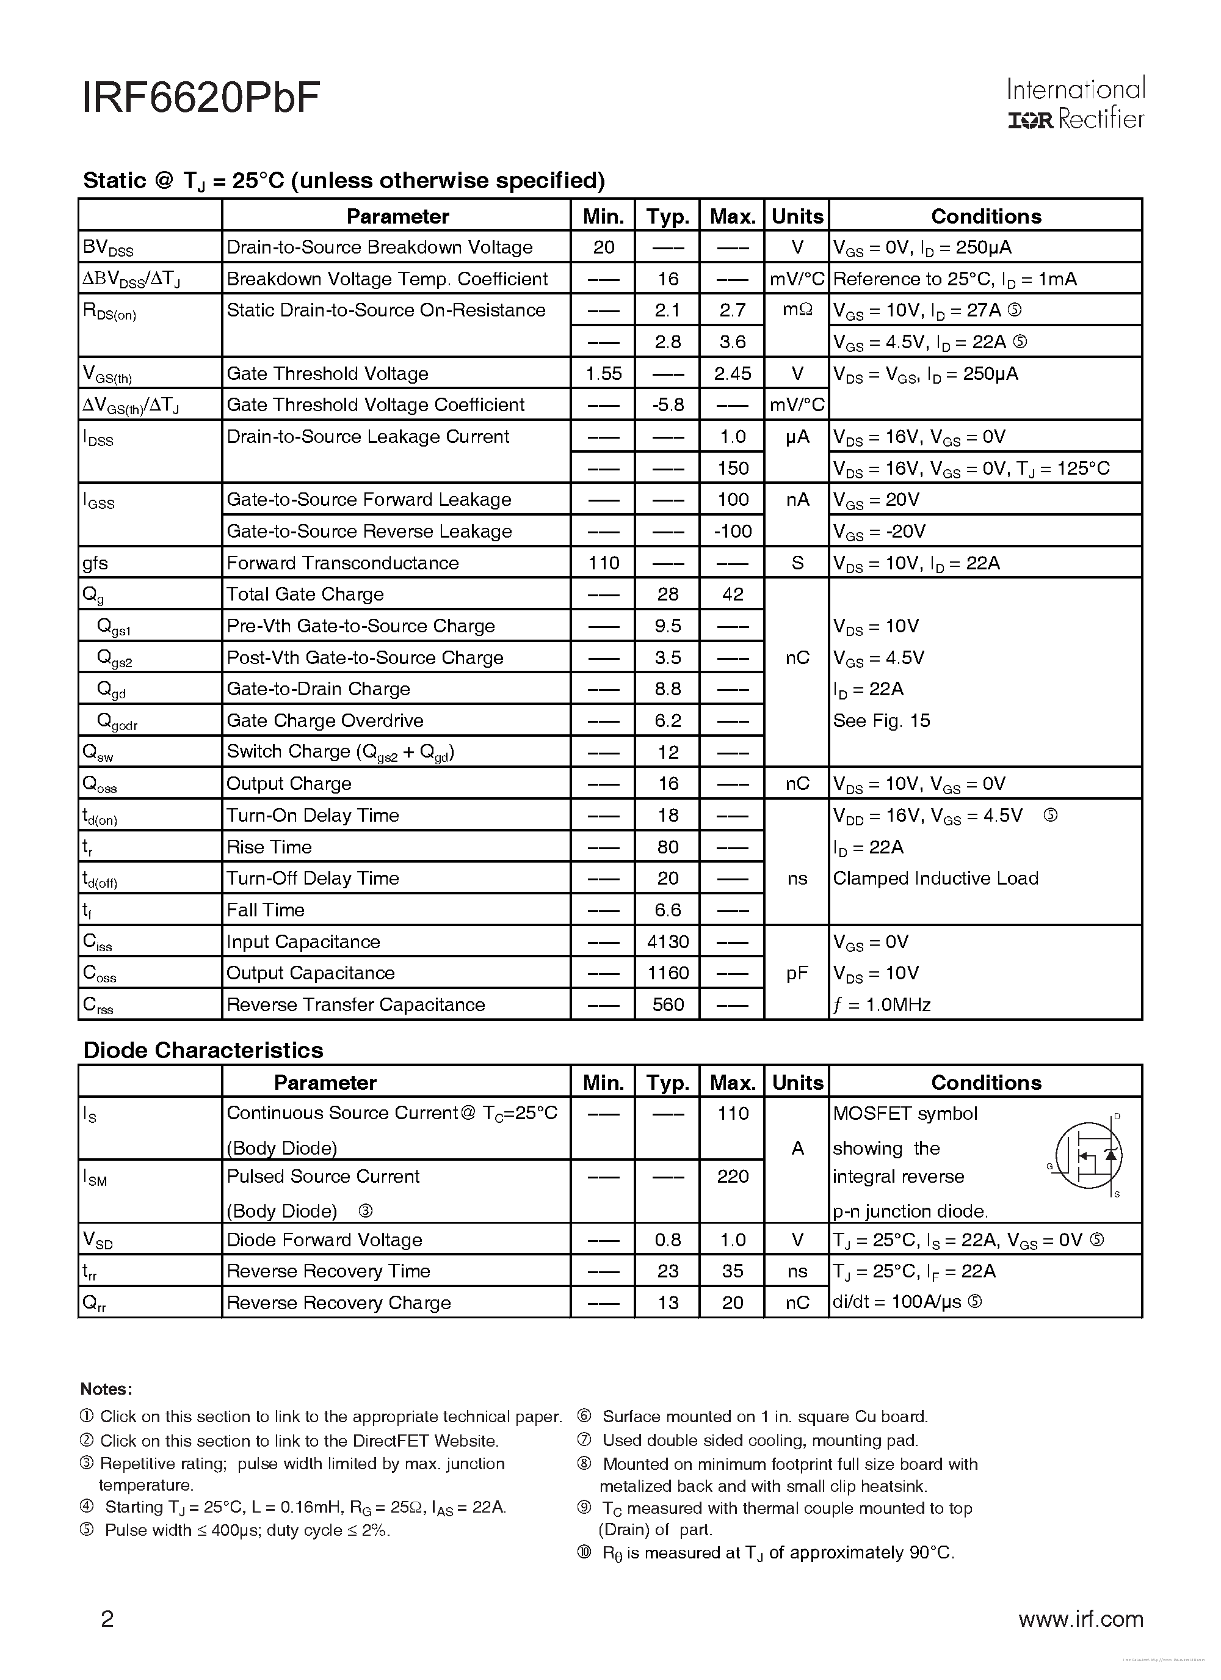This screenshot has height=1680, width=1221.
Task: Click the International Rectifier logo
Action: pos(1075,104)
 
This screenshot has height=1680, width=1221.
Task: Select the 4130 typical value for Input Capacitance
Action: pos(667,941)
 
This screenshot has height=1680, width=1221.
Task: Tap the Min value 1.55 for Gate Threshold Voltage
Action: pos(603,373)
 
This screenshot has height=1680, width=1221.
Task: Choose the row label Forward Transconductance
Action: pos(342,563)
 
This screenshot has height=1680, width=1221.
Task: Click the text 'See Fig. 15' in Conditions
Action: pos(881,721)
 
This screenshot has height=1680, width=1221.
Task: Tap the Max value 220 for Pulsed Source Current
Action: pos(733,1176)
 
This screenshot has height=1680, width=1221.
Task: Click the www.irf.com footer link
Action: pos(1081,1620)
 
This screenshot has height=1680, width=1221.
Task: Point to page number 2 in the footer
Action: pos(107,1620)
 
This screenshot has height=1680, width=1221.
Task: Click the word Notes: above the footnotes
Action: pos(106,1389)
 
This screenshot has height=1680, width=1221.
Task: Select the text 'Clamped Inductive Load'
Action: pos(935,878)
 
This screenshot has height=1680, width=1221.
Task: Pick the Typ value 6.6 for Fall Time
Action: pos(667,910)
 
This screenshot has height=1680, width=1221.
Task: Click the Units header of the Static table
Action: pos(797,216)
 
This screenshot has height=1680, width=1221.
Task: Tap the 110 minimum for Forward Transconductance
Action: pos(603,563)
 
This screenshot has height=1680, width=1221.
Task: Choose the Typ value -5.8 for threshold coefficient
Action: pos(667,405)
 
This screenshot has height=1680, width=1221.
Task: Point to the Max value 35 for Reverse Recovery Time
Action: pos(733,1271)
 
